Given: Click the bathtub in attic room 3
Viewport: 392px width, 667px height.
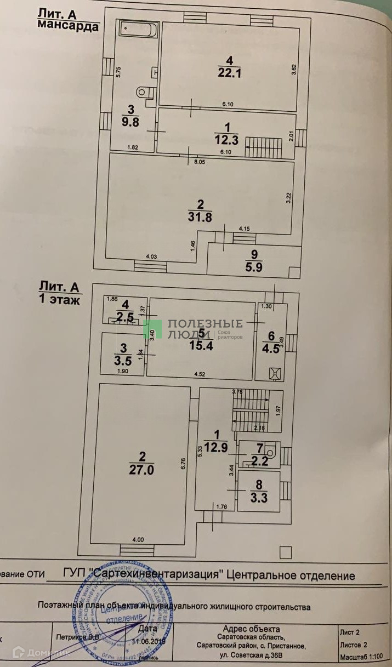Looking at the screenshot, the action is (139, 30).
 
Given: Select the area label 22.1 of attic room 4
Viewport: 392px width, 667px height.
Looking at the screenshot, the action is (229, 72).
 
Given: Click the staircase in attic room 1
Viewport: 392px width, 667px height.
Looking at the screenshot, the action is (263, 147).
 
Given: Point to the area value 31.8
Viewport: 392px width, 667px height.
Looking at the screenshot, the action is (200, 216).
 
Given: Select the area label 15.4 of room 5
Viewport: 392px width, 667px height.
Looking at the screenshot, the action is (201, 345).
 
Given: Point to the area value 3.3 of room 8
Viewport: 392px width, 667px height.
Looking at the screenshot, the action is (259, 498).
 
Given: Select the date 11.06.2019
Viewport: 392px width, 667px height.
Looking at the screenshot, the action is (150, 640).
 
